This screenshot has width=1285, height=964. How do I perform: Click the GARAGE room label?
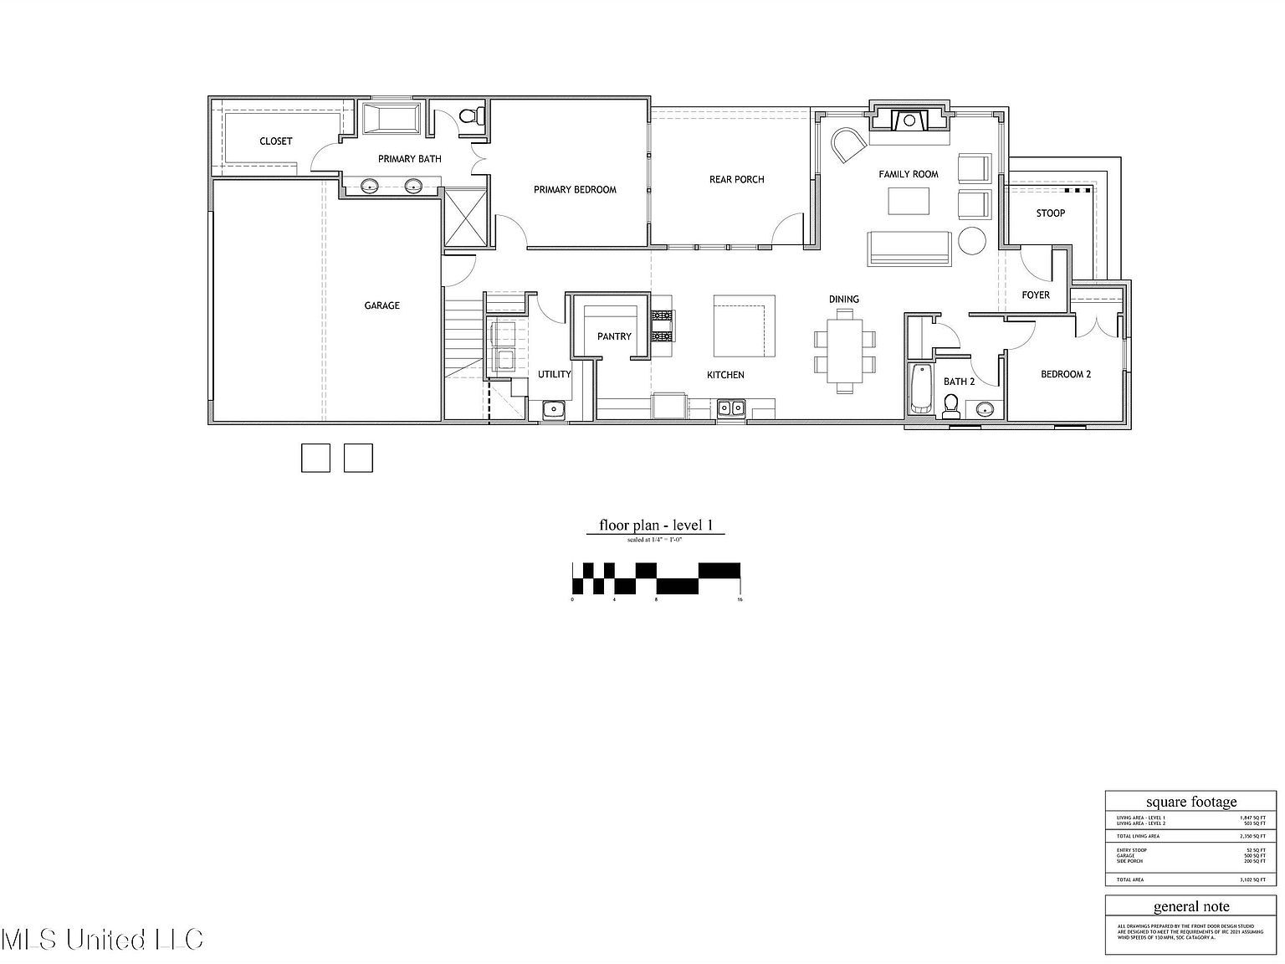click(381, 306)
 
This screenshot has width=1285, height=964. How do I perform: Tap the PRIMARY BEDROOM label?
click(575, 190)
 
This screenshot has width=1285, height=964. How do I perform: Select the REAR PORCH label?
click(736, 179)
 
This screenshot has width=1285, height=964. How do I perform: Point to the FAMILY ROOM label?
click(908, 174)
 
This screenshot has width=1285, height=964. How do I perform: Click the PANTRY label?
click(614, 336)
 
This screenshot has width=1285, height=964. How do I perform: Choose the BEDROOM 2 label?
click(1065, 374)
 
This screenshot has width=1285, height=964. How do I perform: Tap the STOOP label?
click(1050, 213)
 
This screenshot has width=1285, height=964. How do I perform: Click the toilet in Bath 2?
click(950, 406)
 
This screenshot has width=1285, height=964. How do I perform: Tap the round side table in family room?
click(972, 241)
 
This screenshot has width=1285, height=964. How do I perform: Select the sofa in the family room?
click(909, 249)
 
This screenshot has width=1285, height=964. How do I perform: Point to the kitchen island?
click(744, 326)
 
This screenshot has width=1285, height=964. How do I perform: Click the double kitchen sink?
click(733, 408)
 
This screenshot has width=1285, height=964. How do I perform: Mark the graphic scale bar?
click(656, 579)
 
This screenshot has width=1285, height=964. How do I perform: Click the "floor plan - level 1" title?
click(655, 526)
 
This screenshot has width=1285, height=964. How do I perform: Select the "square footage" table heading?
click(1190, 802)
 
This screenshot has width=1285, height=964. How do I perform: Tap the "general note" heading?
click(1190, 906)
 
